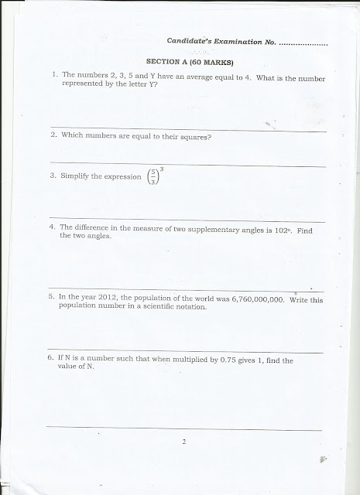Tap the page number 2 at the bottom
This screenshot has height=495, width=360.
[x=184, y=442]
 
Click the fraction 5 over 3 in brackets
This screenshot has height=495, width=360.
[x=153, y=178]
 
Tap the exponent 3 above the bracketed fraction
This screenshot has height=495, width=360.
[x=160, y=168]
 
